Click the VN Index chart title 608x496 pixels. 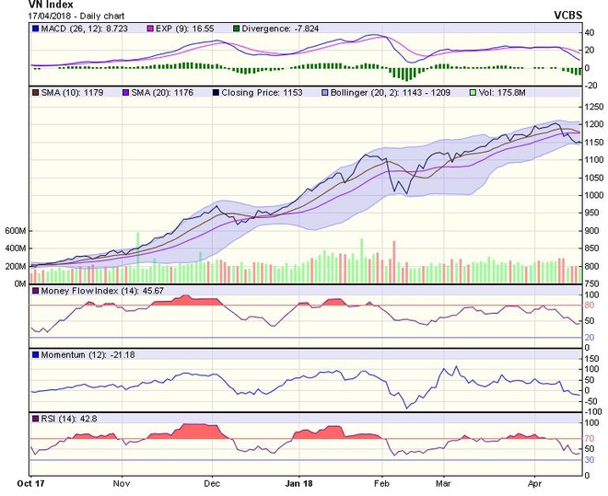(x=27, y=6)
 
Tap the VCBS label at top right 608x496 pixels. (x=572, y=16)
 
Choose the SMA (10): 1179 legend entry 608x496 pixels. (x=69, y=93)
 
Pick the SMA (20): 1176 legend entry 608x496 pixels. (x=154, y=93)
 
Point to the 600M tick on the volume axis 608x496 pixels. (x=14, y=230)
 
